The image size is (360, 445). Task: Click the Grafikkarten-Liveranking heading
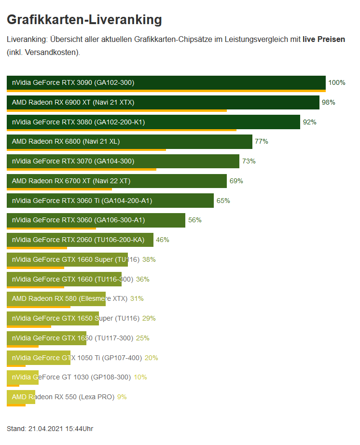tap(84, 20)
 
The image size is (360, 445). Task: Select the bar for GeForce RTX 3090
tap(166, 82)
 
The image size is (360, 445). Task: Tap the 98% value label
tap(328, 102)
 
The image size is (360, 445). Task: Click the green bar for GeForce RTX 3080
tap(153, 122)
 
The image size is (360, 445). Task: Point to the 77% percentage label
tap(261, 141)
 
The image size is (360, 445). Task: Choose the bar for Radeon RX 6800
tap(129, 141)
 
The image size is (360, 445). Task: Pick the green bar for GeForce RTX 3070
tap(123, 161)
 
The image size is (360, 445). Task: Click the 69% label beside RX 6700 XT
tap(236, 181)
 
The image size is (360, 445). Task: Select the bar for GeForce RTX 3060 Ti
tap(110, 201)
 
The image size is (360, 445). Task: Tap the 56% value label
tap(194, 220)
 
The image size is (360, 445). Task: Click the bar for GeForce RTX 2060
tap(80, 240)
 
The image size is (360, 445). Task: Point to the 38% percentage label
tap(149, 259)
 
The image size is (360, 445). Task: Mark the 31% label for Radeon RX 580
tap(137, 298)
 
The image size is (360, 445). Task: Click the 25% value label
tap(142, 338)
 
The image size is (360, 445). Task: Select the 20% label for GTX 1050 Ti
tap(151, 358)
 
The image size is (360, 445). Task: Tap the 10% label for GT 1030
tap(140, 377)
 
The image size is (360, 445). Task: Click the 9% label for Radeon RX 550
tap(122, 397)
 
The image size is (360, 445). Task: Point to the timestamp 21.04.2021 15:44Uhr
tap(60, 428)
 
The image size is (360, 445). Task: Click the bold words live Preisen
tap(323, 39)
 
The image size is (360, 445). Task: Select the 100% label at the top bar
tap(336, 82)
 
